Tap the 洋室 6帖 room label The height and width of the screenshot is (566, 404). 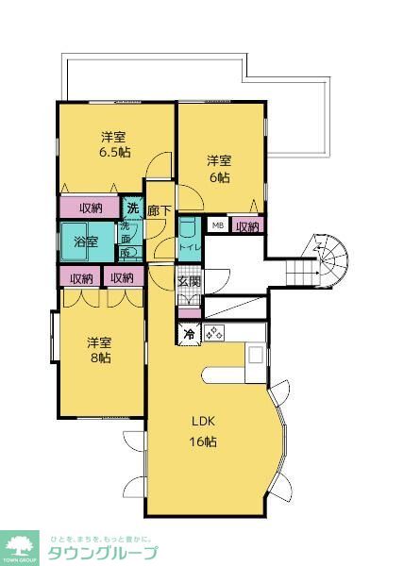coord(219,167)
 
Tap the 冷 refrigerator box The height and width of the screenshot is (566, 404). coord(189,333)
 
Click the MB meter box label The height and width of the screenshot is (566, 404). coord(217,225)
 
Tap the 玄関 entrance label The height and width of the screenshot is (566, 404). coord(189,281)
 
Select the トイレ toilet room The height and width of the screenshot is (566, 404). coord(189,236)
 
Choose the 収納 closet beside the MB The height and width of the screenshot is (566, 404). coord(247,225)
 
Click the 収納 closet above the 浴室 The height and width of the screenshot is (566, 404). coord(92,208)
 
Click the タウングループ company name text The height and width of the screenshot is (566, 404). coord(102,554)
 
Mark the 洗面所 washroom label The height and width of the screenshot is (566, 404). coord(125,241)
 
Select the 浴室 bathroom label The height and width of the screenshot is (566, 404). coord(87,241)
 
